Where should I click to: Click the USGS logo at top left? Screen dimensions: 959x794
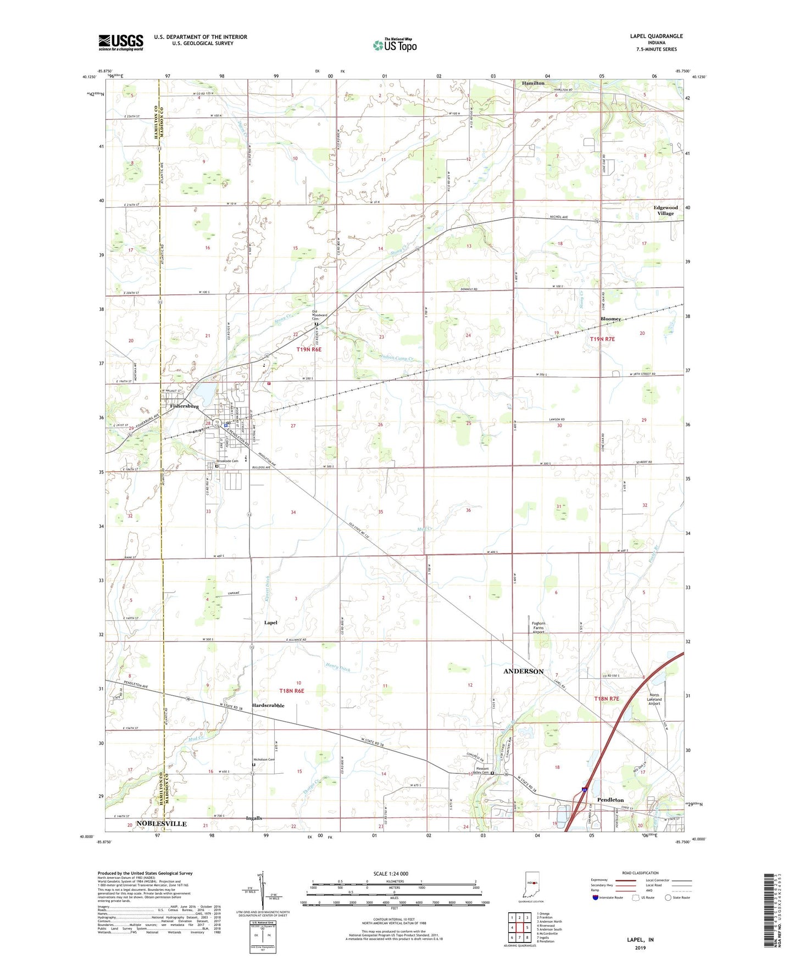coord(121,42)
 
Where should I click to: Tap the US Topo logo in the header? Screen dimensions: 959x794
coord(395,45)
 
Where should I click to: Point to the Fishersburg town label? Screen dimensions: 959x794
coord(184,406)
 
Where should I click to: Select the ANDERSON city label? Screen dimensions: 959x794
coord(523,671)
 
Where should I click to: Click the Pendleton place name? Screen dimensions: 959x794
coord(610,800)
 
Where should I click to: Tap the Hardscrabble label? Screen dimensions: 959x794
coord(268,705)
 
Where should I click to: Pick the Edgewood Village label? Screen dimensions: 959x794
coord(665,210)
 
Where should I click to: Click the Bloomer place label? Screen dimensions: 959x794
coord(610,319)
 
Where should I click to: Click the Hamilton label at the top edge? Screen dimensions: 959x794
coord(533,83)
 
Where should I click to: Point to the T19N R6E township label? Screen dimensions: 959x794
coord(308,349)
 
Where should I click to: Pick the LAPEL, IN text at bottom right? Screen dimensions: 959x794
coord(640,940)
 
